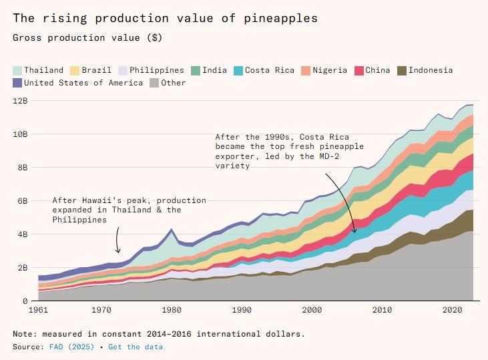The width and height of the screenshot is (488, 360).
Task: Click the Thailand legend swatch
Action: point(18,70)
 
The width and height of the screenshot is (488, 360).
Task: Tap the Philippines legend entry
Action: point(156,70)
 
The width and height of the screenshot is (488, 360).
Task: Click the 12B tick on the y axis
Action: point(21,101)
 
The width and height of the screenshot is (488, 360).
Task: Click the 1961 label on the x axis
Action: point(38,310)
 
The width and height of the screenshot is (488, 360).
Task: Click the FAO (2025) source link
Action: point(65,347)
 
